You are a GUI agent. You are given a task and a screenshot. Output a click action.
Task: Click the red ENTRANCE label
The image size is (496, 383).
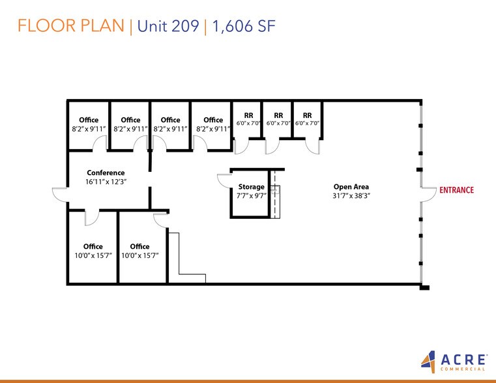pos(456,190)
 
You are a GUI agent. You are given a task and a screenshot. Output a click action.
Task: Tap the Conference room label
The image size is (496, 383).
pos(106,173)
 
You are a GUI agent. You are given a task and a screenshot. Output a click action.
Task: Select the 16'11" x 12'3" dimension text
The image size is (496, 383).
pos(106,182)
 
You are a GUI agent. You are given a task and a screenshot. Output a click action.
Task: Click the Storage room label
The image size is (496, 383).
pos(251,187)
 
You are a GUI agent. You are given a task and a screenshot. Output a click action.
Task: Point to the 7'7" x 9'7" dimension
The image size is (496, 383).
pos(251,195)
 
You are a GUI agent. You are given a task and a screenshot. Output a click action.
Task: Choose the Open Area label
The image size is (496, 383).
pos(351,187)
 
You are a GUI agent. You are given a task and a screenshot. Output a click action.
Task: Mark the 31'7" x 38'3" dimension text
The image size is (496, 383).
pos(351,195)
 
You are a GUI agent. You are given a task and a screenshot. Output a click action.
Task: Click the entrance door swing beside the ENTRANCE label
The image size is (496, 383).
pos(428,193)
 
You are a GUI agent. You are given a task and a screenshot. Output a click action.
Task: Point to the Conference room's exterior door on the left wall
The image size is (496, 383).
pos(60,194)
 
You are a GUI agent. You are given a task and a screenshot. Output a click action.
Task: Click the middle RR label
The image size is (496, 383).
pos(278,115)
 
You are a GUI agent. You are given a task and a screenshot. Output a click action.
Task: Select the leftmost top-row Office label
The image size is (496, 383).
pos(89,120)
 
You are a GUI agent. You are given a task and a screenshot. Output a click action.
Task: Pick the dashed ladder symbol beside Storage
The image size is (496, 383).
pos(275,193)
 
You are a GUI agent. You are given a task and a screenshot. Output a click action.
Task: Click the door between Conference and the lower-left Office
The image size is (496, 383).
pos(91,217)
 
